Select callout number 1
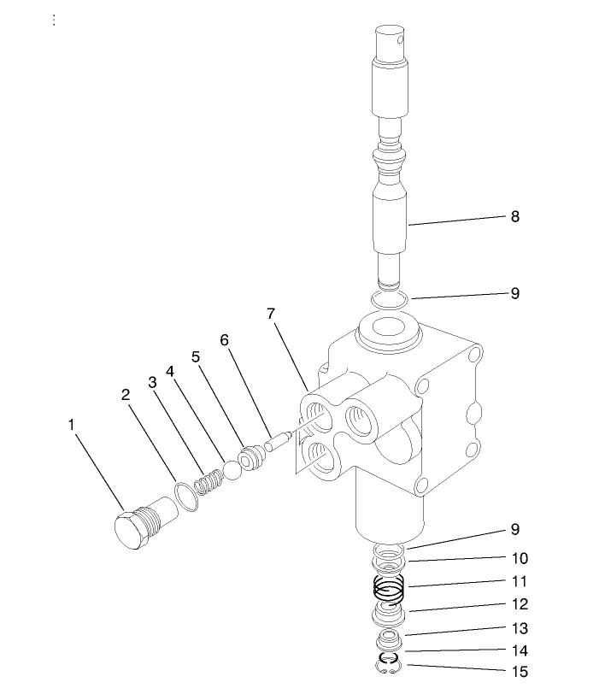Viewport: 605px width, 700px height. coord(72,423)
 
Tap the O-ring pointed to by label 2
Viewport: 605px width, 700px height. coord(185,497)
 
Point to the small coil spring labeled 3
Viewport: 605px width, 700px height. coord(205,485)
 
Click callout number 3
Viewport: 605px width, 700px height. coord(152,382)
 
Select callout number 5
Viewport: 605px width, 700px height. coord(197,356)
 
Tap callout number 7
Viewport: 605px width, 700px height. coord(271,314)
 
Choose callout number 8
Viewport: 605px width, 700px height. coord(514,216)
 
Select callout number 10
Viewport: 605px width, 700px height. coord(520,558)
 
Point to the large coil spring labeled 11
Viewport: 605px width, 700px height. coord(390,589)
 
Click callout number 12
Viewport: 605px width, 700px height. coord(520,604)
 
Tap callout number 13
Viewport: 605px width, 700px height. coord(520,628)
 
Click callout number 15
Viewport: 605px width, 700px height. coord(520,672)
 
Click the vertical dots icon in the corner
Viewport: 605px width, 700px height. coord(54,20)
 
